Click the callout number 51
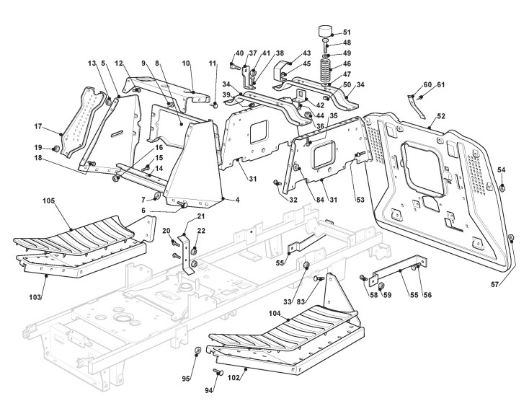[x=347, y=32]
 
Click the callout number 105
[x=48, y=200]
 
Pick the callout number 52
[x=440, y=115]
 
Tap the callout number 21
[x=201, y=216]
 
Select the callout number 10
[x=186, y=64]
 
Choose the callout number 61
[x=440, y=84]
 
